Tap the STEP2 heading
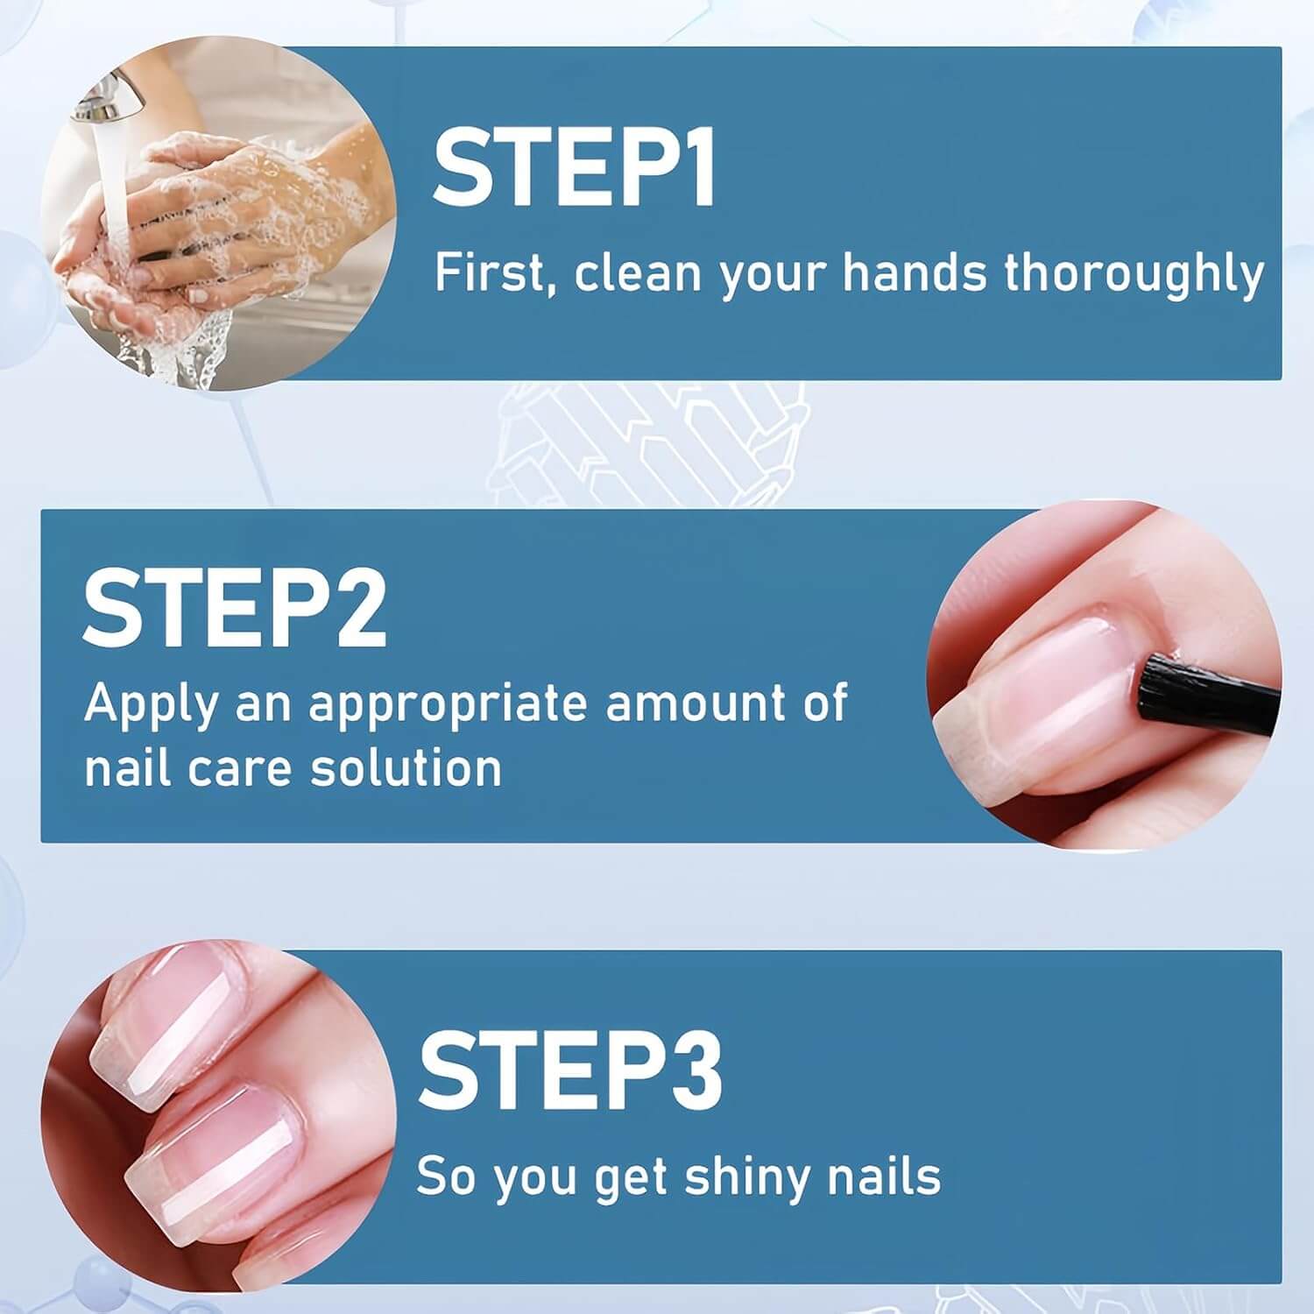pos(235,606)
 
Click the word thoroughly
pos(1134,275)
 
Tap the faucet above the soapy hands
pos(110,97)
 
